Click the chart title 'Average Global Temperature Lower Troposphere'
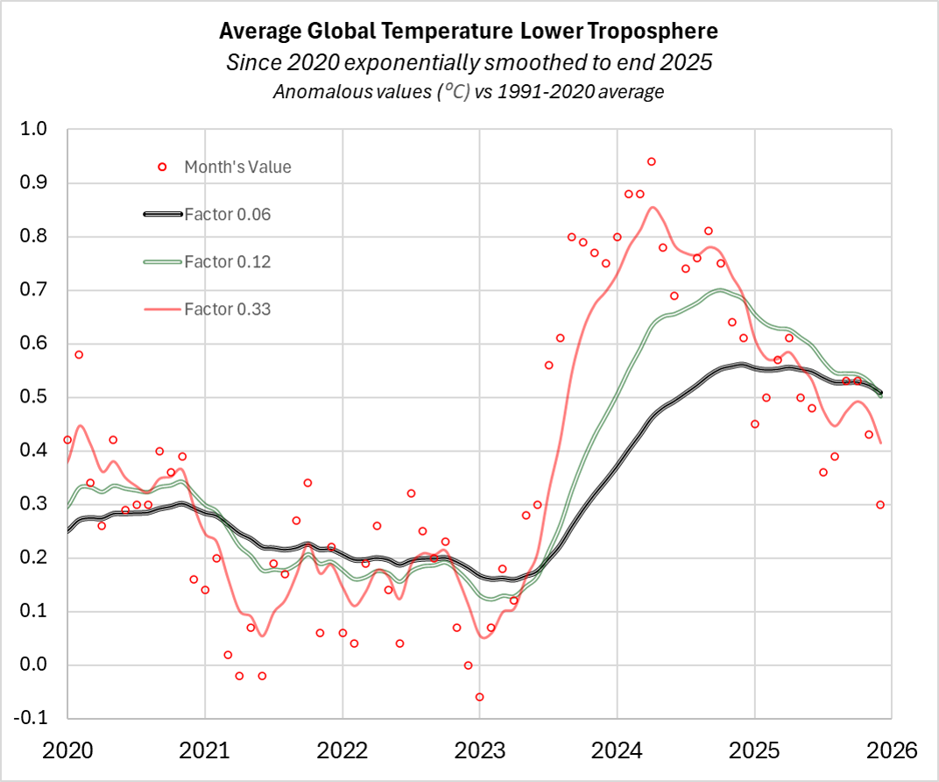469,32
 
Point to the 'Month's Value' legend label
237,167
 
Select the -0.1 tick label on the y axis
32,719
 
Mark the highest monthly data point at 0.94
651,161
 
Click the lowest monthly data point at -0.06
479,697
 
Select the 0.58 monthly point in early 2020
79,354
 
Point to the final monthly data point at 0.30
880,504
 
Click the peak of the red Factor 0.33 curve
652,207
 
